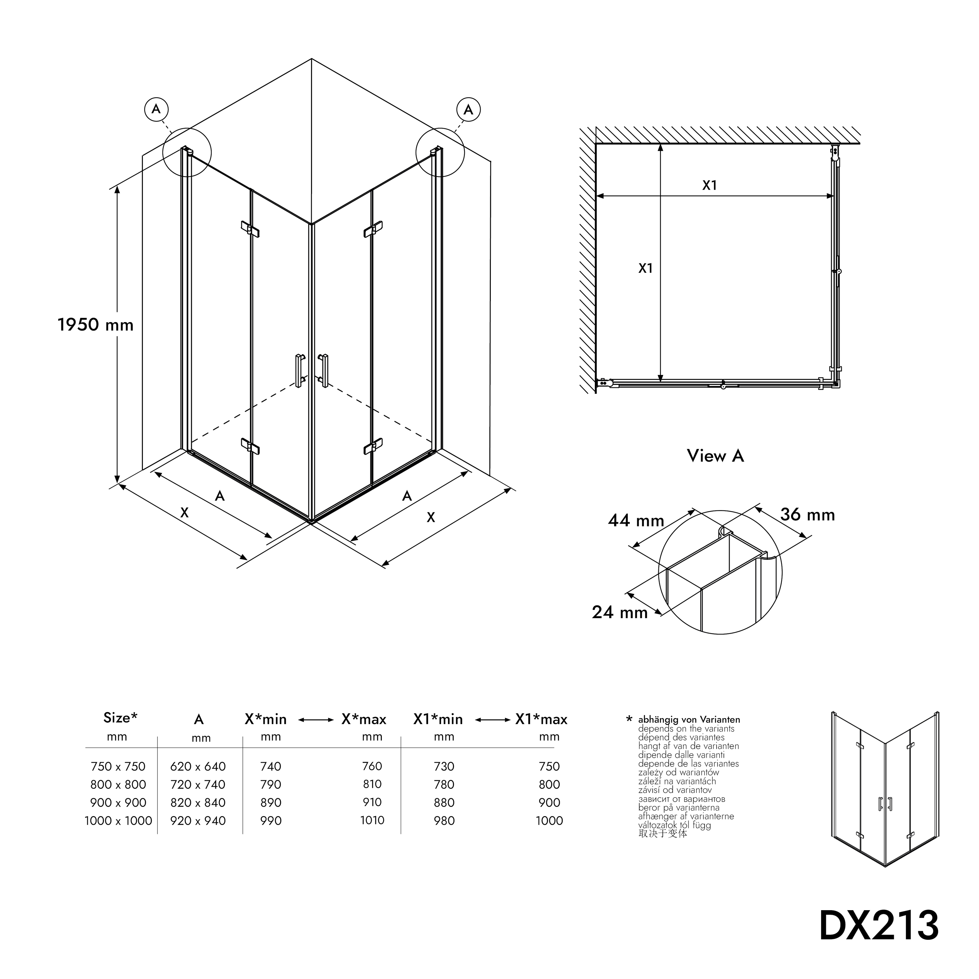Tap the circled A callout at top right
tap(468, 109)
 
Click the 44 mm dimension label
tap(636, 521)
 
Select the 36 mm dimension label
tap(807, 515)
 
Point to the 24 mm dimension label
tap(620, 613)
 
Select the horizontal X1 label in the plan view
tap(709, 185)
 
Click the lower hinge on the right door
tap(373, 446)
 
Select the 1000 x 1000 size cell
tap(118, 820)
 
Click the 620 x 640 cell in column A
tap(198, 766)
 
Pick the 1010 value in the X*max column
tap(372, 820)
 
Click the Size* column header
tap(120, 718)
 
